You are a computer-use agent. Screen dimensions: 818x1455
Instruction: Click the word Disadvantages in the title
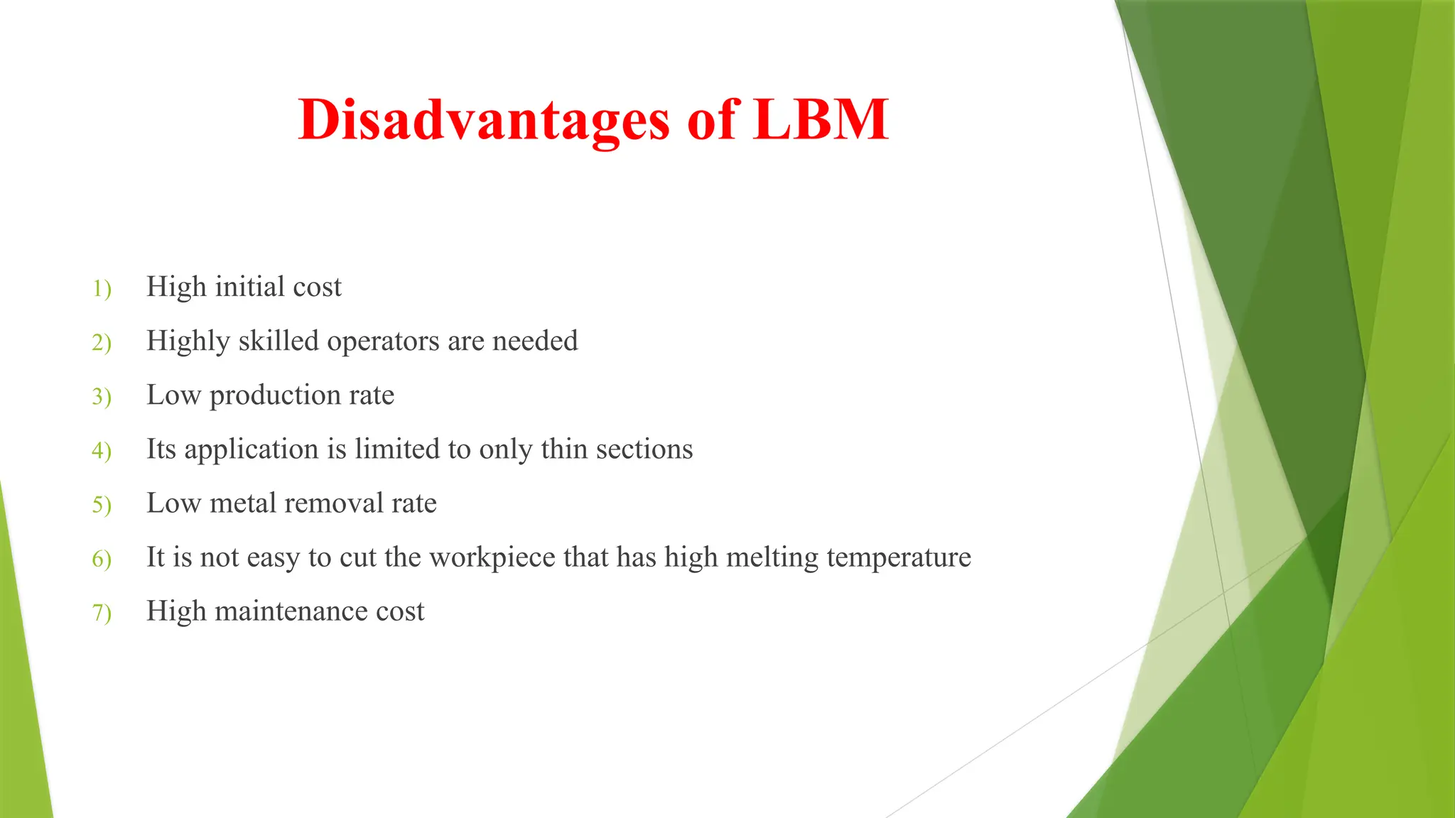click(x=484, y=120)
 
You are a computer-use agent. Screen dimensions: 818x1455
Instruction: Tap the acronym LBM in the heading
click(x=821, y=119)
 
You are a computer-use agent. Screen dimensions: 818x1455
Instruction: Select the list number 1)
click(x=102, y=289)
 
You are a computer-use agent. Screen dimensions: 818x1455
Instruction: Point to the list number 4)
click(x=102, y=451)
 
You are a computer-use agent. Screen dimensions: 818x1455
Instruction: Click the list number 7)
click(x=102, y=613)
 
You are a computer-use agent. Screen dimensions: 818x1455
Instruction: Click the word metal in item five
click(x=243, y=503)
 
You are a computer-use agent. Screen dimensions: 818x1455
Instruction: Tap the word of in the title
click(x=712, y=119)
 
